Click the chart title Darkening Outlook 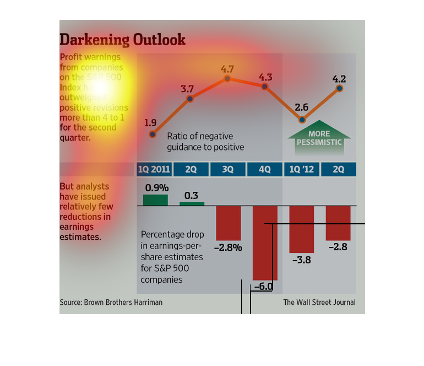122,40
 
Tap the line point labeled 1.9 153,134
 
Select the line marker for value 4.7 227,79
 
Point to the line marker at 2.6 302,120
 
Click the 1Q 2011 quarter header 154,170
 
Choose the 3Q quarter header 227,170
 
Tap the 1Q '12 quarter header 301,170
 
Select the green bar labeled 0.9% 155,200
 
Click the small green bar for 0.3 191,203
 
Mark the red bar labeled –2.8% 228,223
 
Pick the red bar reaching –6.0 264,243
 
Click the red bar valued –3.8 301,229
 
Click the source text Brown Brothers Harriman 111,303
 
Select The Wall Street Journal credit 319,303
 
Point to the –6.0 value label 264,287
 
